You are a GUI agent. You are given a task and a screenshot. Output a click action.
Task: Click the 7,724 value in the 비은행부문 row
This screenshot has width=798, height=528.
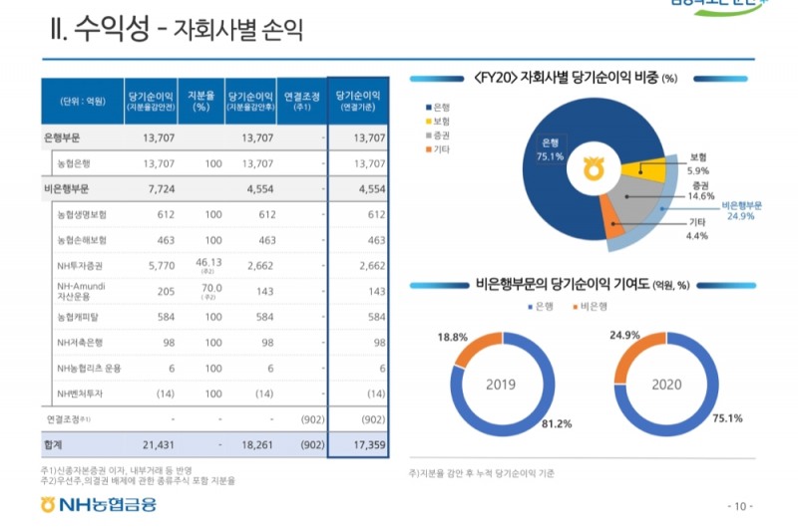159,187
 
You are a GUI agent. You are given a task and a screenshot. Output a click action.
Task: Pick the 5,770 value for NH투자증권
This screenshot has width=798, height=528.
160,266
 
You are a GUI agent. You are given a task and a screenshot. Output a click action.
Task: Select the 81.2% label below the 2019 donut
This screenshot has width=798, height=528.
556,423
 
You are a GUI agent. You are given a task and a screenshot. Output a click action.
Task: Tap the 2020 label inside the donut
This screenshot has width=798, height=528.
666,384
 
